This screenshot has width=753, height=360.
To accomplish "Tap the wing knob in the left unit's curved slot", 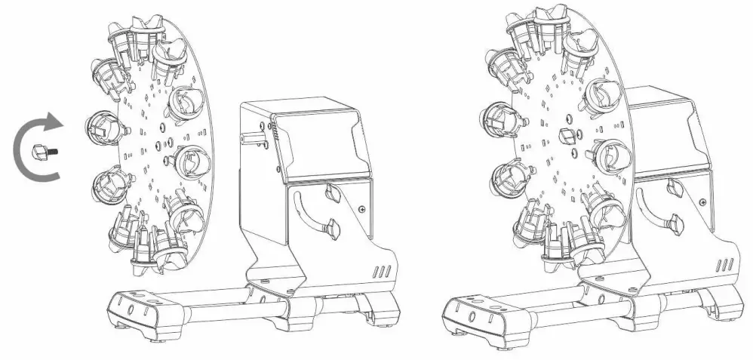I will (x=332, y=226).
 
